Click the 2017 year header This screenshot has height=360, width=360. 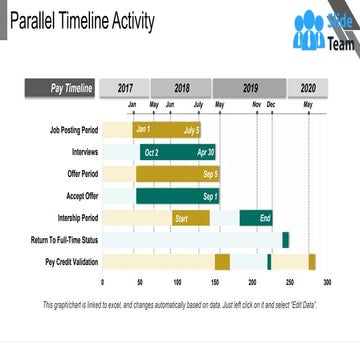click(x=125, y=88)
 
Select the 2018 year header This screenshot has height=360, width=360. click(x=182, y=88)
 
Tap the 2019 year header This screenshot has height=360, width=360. click(x=250, y=88)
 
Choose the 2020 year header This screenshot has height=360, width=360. click(x=307, y=88)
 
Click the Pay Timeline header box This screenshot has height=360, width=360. click(x=72, y=89)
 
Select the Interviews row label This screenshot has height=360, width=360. click(x=85, y=151)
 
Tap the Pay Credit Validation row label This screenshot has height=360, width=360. click(x=73, y=262)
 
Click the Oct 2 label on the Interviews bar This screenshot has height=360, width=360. click(x=151, y=152)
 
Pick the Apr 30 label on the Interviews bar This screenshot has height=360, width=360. click(x=206, y=152)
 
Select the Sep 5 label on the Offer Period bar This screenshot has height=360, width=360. click(x=210, y=174)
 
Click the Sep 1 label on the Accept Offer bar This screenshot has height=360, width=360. click(x=210, y=196)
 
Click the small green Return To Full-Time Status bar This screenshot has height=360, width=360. click(x=285, y=240)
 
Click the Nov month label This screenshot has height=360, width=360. click(x=256, y=105)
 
